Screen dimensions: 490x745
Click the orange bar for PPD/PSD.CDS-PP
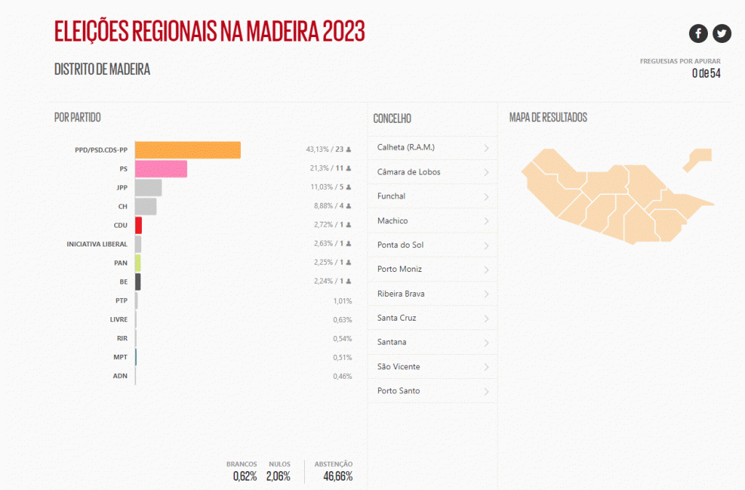[188, 150]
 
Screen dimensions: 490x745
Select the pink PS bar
[161, 169]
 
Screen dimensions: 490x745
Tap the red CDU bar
[138, 225]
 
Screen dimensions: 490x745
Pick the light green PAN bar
[138, 262]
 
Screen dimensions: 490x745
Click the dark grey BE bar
[138, 281]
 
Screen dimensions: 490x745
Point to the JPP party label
[122, 188]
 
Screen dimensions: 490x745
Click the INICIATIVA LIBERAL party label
[97, 244]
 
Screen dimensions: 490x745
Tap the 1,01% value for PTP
[342, 301]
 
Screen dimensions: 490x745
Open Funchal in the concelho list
[391, 196]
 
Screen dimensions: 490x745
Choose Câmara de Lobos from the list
[408, 172]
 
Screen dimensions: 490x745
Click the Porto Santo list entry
[398, 391]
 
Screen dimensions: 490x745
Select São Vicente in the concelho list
[399, 367]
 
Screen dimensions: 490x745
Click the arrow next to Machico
[486, 221]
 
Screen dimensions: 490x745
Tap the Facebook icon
[698, 33]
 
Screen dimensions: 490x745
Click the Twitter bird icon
[722, 33]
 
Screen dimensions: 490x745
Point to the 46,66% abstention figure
[338, 477]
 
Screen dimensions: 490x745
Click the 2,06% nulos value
[278, 477]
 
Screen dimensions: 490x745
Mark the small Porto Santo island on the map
[699, 157]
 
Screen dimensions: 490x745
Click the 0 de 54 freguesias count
[706, 73]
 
